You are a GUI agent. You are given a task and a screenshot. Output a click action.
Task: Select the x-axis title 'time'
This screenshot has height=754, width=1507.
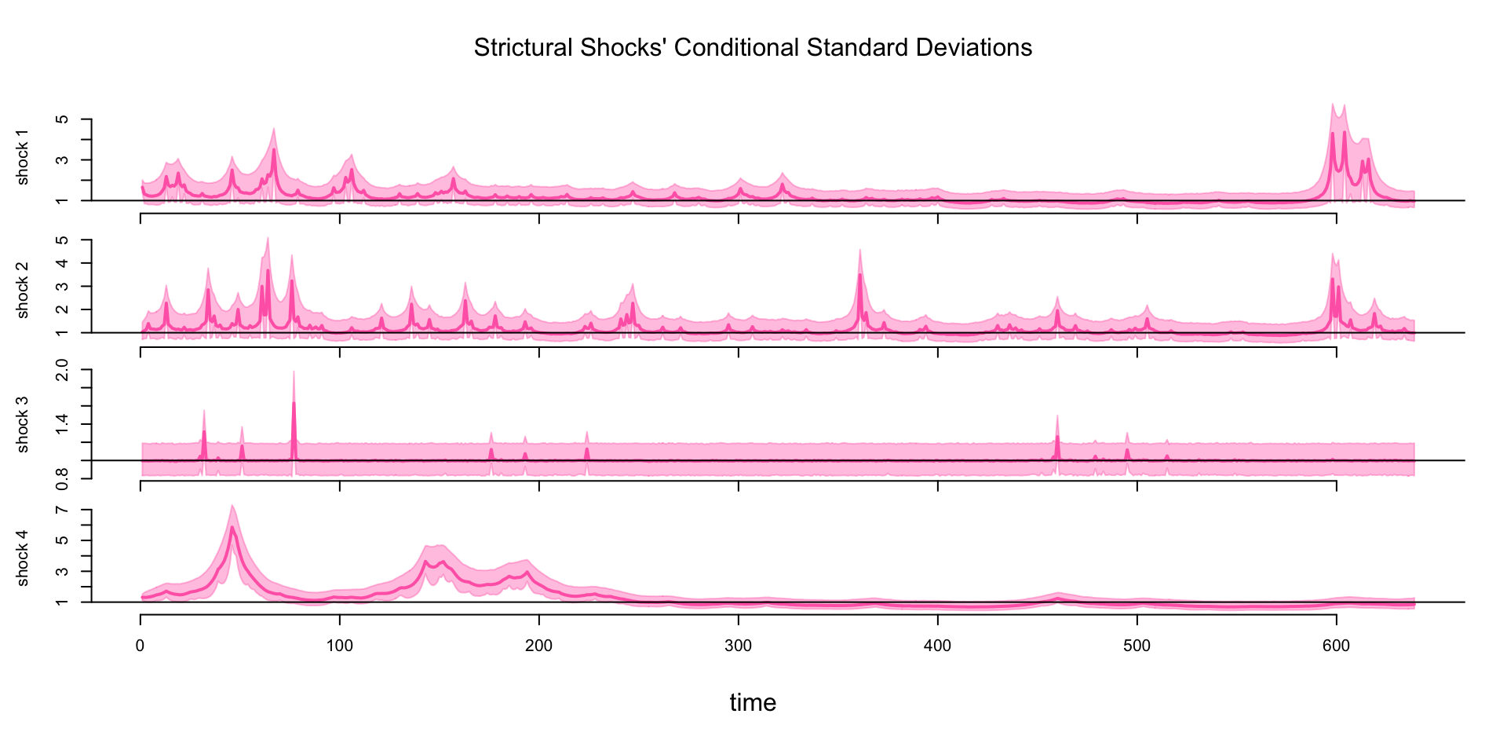coord(753,702)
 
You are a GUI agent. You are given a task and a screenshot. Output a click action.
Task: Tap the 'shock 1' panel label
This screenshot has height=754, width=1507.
coord(22,163)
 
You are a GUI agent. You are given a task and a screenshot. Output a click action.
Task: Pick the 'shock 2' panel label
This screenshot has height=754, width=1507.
coord(22,290)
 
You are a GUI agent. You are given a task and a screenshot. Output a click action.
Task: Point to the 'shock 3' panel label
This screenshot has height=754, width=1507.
coord(22,424)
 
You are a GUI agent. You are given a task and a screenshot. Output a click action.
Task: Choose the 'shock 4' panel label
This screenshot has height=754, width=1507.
coord(22,558)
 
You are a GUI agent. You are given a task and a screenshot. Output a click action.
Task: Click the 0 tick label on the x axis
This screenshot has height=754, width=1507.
coord(140,646)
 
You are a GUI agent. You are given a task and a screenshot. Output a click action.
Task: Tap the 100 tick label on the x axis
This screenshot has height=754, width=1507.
coord(340,646)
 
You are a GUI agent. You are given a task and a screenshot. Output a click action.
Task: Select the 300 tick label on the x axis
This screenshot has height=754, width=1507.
coord(739,646)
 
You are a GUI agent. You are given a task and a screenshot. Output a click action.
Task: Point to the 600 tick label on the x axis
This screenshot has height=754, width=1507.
coord(1336,646)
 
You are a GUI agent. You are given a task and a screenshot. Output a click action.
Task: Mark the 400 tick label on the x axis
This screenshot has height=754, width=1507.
coord(938,646)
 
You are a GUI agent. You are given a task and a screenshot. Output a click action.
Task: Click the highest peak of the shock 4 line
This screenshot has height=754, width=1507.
coord(232,527)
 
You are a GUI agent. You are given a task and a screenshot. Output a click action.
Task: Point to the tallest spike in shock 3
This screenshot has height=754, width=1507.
coord(294,403)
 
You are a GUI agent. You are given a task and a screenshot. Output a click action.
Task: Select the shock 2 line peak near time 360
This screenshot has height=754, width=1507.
coord(860,275)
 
